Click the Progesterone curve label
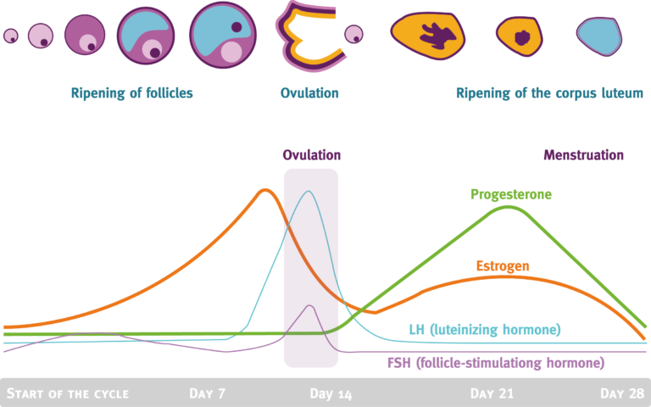click(x=511, y=194)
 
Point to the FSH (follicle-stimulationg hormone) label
click(x=489, y=363)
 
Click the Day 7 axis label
click(x=209, y=393)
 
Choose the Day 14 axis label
click(x=331, y=393)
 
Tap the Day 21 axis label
click(x=492, y=393)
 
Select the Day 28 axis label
click(x=621, y=393)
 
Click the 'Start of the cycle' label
click(x=68, y=393)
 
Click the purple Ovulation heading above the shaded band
click(x=311, y=155)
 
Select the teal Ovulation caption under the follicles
click(x=309, y=92)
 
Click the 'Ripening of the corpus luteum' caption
click(x=549, y=92)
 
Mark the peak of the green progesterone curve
click(x=509, y=207)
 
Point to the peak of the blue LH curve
click(x=309, y=192)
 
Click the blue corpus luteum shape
click(x=598, y=36)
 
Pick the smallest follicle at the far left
click(x=10, y=36)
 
